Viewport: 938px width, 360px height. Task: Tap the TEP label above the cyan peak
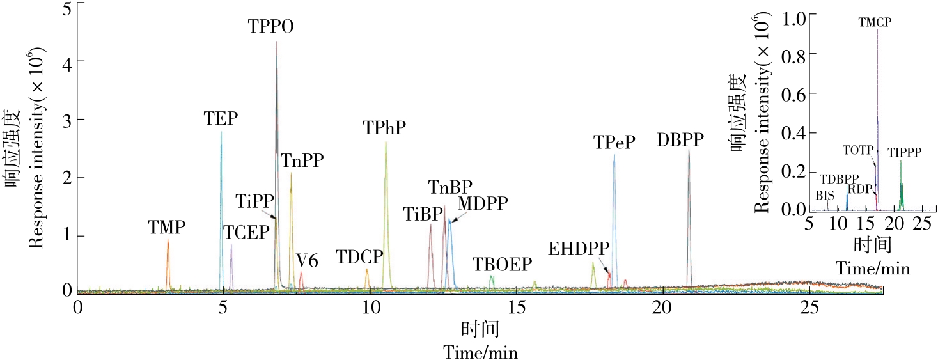click(x=221, y=118)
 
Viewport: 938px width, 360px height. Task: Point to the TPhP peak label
click(x=385, y=128)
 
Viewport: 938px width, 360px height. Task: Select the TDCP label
click(x=359, y=258)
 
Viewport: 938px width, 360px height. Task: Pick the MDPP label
click(x=483, y=203)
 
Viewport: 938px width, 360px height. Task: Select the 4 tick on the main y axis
click(x=66, y=61)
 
